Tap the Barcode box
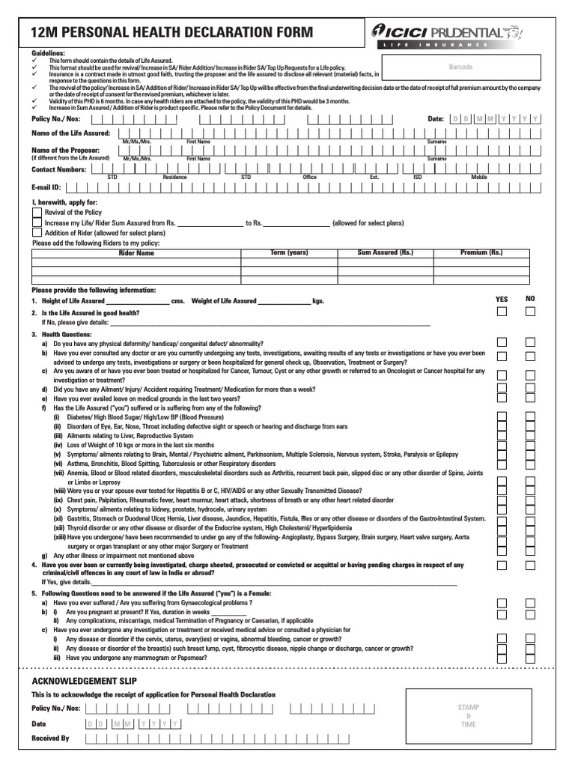click(460, 67)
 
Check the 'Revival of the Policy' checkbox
click(37, 213)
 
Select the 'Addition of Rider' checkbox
click(37, 233)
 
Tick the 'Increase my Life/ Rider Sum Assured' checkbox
click(37, 222)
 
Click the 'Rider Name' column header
click(136, 253)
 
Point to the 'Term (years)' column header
click(289, 253)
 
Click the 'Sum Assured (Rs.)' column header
click(385, 253)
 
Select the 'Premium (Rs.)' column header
click(481, 253)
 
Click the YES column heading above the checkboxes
click(502, 299)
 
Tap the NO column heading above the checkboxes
click(530, 299)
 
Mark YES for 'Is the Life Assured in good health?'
click(502, 312)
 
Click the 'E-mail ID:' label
click(46, 187)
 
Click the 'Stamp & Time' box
click(469, 716)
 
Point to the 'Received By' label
click(50, 738)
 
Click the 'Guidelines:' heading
click(48, 54)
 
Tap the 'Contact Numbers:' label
click(58, 170)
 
